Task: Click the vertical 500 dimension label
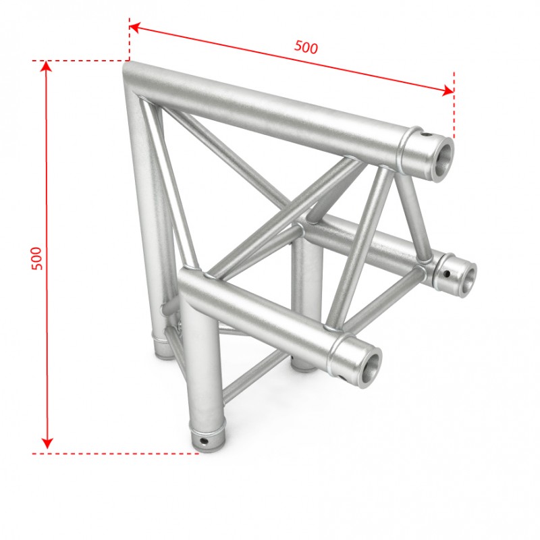click(36, 259)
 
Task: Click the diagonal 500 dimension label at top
click(306, 47)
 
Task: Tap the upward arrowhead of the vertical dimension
click(47, 65)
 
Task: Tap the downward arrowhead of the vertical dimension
click(47, 443)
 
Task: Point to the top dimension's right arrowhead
click(448, 90)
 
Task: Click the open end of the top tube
click(442, 159)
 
